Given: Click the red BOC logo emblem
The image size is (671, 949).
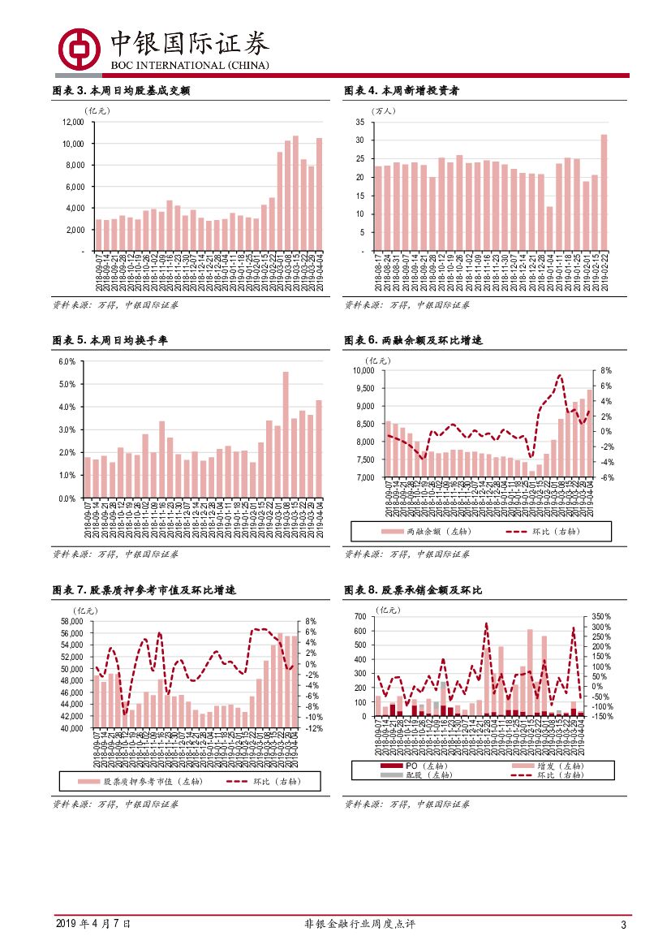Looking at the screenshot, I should click(x=78, y=46).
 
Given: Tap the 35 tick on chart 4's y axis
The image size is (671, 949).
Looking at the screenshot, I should click(x=359, y=122).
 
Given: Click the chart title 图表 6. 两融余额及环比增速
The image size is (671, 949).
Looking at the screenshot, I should click(x=413, y=341).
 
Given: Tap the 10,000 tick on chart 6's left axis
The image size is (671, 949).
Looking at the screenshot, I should click(x=362, y=370).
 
